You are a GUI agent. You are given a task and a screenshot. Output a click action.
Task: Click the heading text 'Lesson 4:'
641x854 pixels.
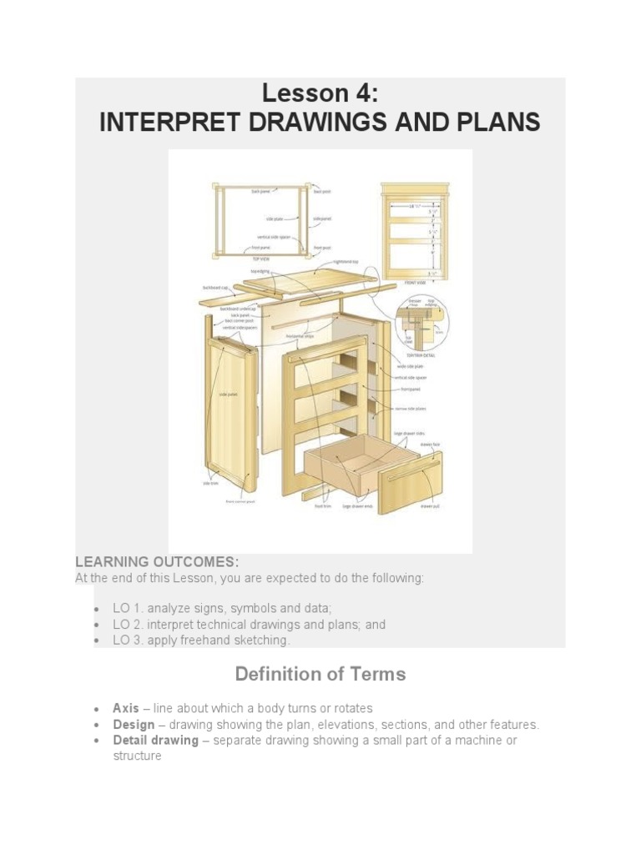[x=320, y=93]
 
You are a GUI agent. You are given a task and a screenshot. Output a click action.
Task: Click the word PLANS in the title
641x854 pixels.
[x=497, y=123]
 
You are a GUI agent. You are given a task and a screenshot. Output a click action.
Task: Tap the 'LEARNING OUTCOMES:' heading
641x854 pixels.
[x=157, y=561]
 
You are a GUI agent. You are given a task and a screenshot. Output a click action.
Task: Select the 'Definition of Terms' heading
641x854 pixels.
[x=320, y=674]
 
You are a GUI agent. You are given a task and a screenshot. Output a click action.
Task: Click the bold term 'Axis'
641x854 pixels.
[x=126, y=708]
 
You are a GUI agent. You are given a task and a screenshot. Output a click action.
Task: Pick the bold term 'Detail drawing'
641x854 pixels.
[x=155, y=740]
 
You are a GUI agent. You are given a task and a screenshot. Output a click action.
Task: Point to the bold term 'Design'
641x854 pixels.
[x=134, y=724]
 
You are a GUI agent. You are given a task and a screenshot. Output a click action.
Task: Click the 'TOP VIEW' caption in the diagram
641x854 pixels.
[x=261, y=259]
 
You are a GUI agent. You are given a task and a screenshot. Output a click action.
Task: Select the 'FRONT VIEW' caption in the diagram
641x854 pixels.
[x=416, y=283]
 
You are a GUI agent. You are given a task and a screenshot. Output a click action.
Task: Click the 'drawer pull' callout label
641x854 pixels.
[x=429, y=506]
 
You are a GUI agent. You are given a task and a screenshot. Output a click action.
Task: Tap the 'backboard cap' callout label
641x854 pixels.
[x=214, y=288]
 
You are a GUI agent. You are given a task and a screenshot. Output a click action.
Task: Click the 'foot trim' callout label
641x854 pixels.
[x=321, y=506]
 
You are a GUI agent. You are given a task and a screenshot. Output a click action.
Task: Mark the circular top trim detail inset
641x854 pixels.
[x=422, y=322]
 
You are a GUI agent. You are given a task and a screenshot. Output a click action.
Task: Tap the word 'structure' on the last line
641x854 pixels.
[x=137, y=756]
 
